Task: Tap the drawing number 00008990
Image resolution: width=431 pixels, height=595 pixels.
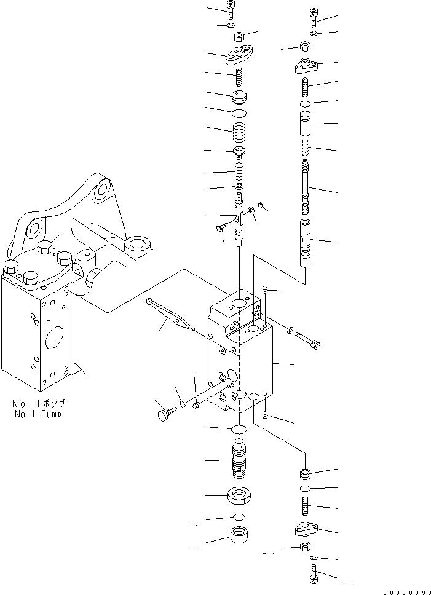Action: (403, 591)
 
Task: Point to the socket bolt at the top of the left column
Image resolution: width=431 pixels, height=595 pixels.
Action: (230, 10)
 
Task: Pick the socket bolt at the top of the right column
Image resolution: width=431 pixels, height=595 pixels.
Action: (314, 17)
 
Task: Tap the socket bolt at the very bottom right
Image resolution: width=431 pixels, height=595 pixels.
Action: (313, 577)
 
